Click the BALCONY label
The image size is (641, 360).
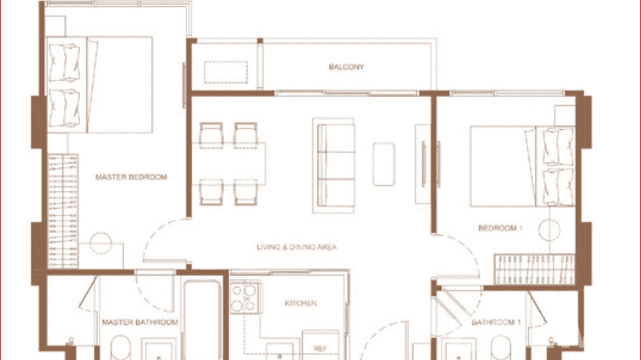[x=346, y=67]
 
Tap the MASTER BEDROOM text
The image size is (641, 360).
[x=131, y=177]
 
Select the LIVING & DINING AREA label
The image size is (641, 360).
[x=297, y=247]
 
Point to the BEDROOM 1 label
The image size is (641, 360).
[x=500, y=228]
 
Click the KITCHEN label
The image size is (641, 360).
[x=300, y=303]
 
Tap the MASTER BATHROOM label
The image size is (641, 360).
[x=140, y=322]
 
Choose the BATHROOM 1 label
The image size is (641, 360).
[x=496, y=322]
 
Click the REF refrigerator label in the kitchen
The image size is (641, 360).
[x=320, y=349]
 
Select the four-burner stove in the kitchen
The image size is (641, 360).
[x=244, y=298]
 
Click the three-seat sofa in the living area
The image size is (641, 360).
[x=334, y=165]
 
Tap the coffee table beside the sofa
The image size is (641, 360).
[x=384, y=164]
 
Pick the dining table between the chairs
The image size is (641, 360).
[x=229, y=163]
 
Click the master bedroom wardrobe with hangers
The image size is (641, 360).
[x=63, y=210]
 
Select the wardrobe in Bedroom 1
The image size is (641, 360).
[x=534, y=269]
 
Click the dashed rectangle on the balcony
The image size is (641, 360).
[x=226, y=72]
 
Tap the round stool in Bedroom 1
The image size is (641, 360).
[x=549, y=230]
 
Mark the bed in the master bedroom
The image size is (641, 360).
[x=100, y=85]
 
